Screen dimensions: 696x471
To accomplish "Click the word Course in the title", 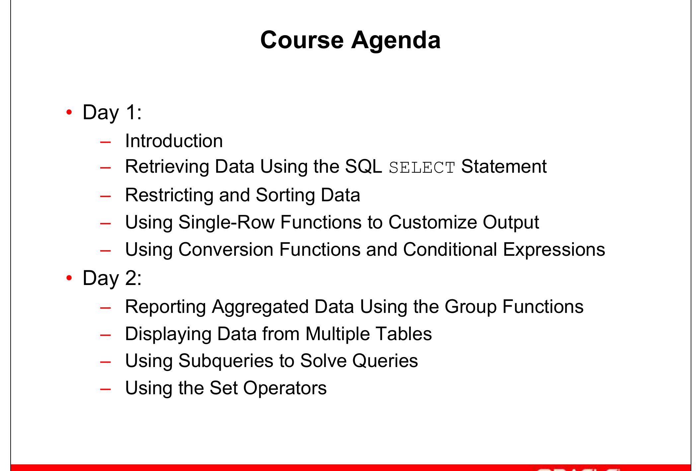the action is (x=302, y=40).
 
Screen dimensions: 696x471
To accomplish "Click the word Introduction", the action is (x=174, y=141).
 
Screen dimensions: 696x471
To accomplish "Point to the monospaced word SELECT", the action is (x=422, y=168).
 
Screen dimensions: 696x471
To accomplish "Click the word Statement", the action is (x=504, y=166).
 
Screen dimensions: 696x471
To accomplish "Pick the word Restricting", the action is (x=169, y=195).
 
